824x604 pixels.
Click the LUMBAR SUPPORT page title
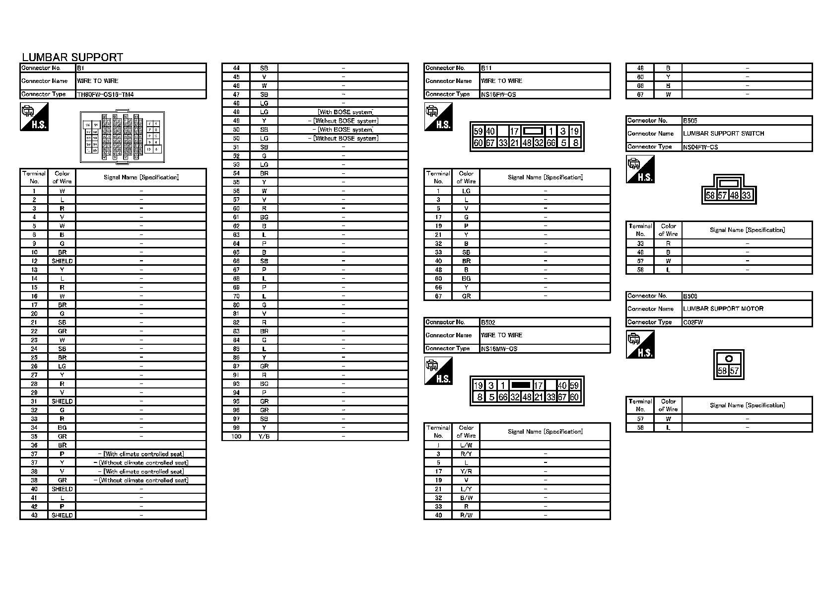click(x=72, y=57)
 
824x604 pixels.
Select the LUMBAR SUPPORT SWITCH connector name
click(x=723, y=134)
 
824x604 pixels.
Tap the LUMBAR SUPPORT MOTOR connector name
click(x=723, y=309)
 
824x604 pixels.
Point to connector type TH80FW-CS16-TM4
click(x=105, y=94)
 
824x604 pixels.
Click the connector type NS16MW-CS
click(x=499, y=349)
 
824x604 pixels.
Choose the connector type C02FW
click(x=693, y=322)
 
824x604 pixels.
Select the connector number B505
click(x=690, y=121)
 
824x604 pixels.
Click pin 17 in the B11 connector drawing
click(x=514, y=132)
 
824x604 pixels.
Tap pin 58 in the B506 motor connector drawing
click(x=722, y=371)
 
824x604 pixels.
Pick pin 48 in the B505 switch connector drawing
click(x=735, y=196)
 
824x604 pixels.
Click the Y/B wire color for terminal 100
click(x=264, y=437)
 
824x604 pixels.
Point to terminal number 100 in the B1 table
click(x=236, y=437)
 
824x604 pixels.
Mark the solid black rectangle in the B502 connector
click(x=521, y=385)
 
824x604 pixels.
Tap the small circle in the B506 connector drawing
click(x=729, y=359)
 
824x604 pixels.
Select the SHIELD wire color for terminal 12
click(x=62, y=261)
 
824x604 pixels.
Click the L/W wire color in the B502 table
click(x=466, y=446)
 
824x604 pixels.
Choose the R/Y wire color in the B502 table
click(x=466, y=454)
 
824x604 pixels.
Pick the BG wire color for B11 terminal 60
click(x=466, y=279)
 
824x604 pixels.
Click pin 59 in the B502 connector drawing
click(x=574, y=385)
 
